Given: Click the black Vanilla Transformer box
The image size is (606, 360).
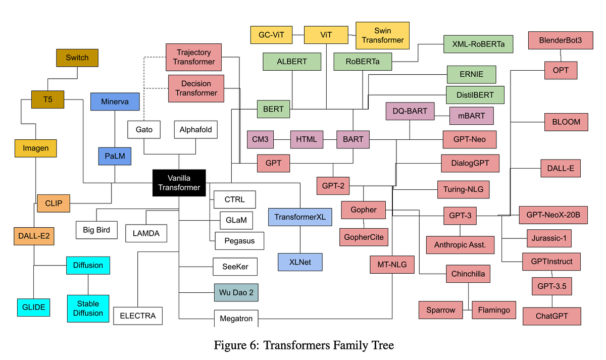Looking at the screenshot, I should tap(179, 182).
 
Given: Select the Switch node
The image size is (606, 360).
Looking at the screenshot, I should tap(77, 58).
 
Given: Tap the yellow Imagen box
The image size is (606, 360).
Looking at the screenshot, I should tap(35, 148).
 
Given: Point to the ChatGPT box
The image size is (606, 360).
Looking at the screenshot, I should tap(551, 316).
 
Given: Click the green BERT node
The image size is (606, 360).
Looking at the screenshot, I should tap(273, 109).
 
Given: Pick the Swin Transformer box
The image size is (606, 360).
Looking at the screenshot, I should tap(383, 35).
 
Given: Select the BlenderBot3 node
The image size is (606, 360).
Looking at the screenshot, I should tap(556, 40).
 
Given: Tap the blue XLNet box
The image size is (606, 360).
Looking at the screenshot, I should tap(300, 262).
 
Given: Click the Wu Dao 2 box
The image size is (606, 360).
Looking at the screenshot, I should tap(236, 292).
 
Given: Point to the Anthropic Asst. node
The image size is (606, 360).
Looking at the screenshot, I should tap(460, 245).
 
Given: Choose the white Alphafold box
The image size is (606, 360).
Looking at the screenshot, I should tap(195, 130).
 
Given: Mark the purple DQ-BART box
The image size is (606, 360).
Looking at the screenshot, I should tap(410, 111).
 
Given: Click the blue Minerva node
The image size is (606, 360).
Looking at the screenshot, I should tap(115, 101).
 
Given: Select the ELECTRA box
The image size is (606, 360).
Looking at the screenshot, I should tap(138, 317).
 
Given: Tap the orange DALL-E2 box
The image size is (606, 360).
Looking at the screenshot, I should tap(33, 236).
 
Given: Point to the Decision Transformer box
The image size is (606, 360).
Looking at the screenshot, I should tap(196, 88).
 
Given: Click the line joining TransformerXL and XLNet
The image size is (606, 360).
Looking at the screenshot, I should tap(300, 239).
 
